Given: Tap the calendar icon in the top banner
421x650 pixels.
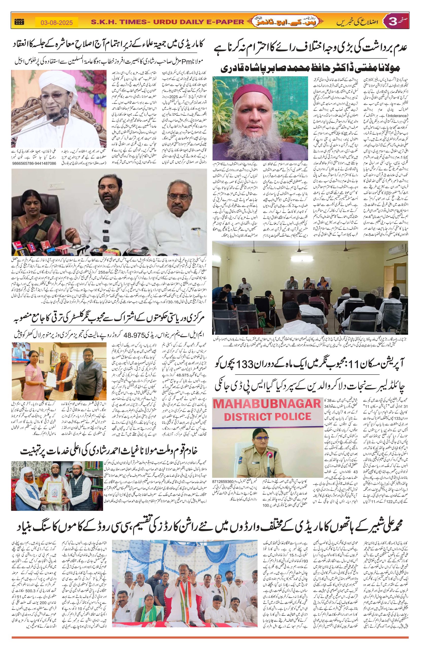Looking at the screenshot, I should [19, 22].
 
